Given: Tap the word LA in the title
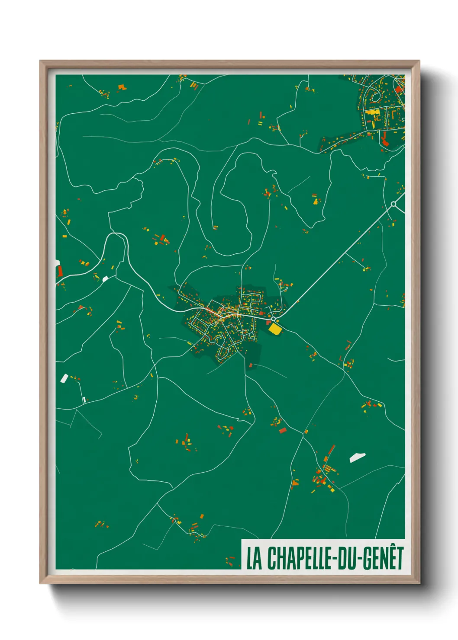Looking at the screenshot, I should [x=255, y=558].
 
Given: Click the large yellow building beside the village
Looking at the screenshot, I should [x=275, y=329].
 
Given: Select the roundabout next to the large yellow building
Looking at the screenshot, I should [x=273, y=319].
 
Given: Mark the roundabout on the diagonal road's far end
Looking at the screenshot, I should [x=393, y=204].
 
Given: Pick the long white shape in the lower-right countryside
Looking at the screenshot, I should [x=357, y=458].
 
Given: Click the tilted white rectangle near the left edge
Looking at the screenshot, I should [x=64, y=378].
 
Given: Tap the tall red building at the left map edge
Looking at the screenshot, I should [x=60, y=271].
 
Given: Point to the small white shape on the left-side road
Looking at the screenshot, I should [x=105, y=279].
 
